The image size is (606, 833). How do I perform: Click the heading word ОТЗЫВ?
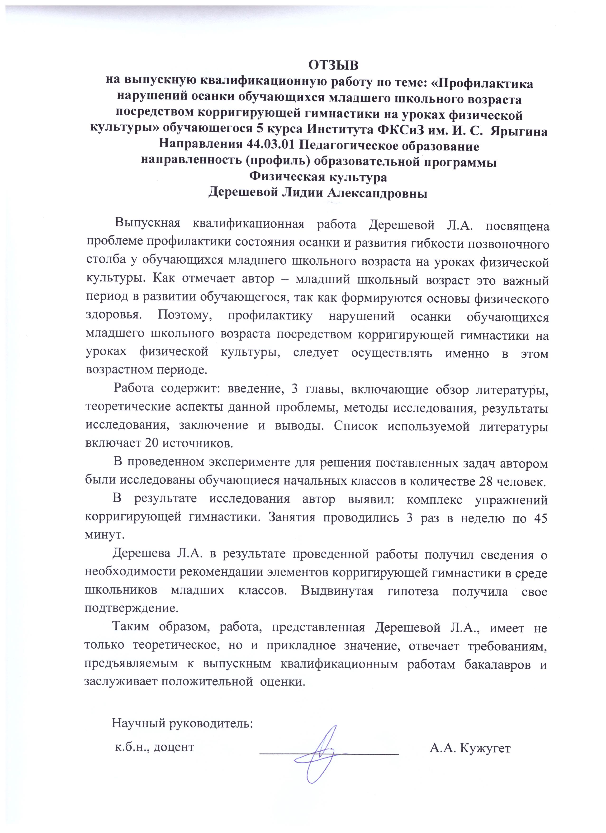tap(333, 65)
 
